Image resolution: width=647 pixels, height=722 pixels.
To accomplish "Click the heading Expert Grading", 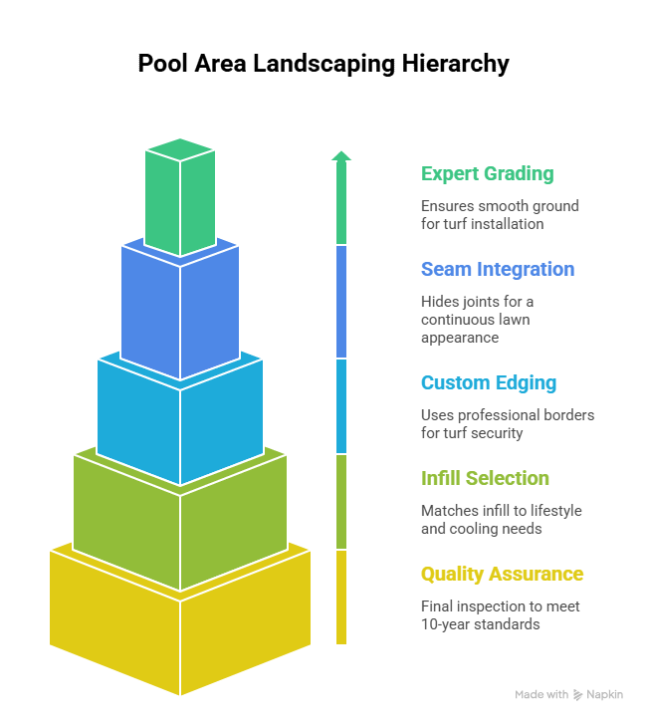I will pos(487,174).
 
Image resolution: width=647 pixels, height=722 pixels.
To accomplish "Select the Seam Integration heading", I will pos(497,270).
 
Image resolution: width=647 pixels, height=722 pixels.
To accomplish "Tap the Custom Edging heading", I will pos(488,383).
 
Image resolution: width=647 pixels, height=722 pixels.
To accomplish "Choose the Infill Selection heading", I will pos(485,479).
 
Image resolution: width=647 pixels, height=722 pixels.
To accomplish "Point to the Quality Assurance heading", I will pos(502,575).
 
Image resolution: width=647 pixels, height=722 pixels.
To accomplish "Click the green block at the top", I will pos(179,199).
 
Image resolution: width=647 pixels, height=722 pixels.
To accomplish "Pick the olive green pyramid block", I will pos(179,518).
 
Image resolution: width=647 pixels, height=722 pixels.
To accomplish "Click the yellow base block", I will pos(179,627).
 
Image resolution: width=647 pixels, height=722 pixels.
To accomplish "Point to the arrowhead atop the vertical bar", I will pos(341,155).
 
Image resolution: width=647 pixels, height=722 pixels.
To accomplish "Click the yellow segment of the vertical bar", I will pos(341,598).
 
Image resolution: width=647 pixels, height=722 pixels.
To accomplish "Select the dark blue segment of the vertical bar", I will pos(341,302).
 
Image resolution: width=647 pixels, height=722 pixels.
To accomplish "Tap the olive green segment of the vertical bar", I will pos(341,502).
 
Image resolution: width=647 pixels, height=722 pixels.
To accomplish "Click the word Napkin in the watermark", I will pos(605,694).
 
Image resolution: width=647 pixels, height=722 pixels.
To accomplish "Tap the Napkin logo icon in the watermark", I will pos(578,694).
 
